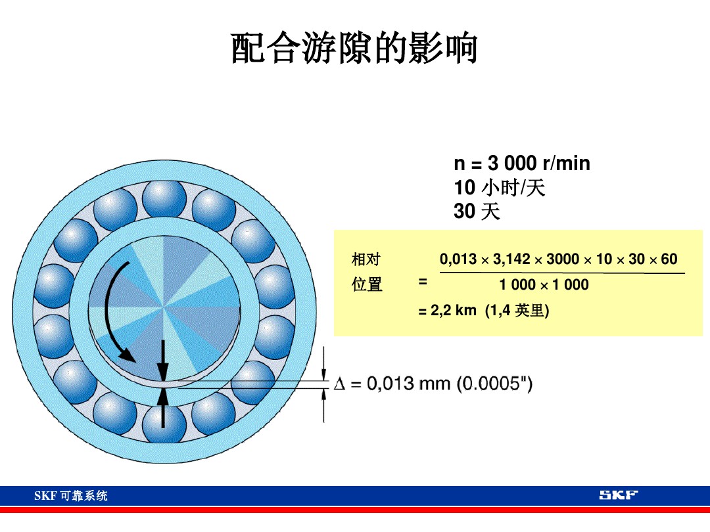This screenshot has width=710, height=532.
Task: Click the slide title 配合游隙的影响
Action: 354,49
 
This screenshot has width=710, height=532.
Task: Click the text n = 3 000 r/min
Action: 521,164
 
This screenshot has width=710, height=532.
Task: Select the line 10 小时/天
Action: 499,188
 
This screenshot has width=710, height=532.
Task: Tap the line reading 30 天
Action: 477,211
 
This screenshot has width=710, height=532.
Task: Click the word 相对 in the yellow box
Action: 366,259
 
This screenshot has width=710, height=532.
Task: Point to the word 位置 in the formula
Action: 367,284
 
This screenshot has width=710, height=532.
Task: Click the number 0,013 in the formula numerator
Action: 458,259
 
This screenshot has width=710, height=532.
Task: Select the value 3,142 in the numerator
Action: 511,259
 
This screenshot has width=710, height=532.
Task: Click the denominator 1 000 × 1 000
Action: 544,285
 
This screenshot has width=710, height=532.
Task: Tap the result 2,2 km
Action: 453,311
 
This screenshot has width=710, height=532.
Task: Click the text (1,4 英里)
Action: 517,311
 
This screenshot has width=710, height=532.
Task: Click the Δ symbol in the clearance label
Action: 340,384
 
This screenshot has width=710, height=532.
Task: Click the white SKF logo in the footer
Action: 618,495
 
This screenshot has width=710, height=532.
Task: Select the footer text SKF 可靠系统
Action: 70,496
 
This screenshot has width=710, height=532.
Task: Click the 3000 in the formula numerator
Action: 563,259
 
